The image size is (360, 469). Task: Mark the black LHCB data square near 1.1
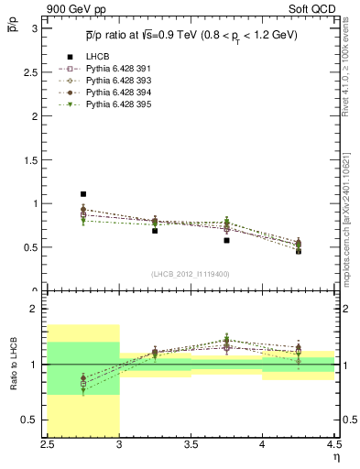tap(82, 194)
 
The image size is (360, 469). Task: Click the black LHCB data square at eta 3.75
tap(226, 240)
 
